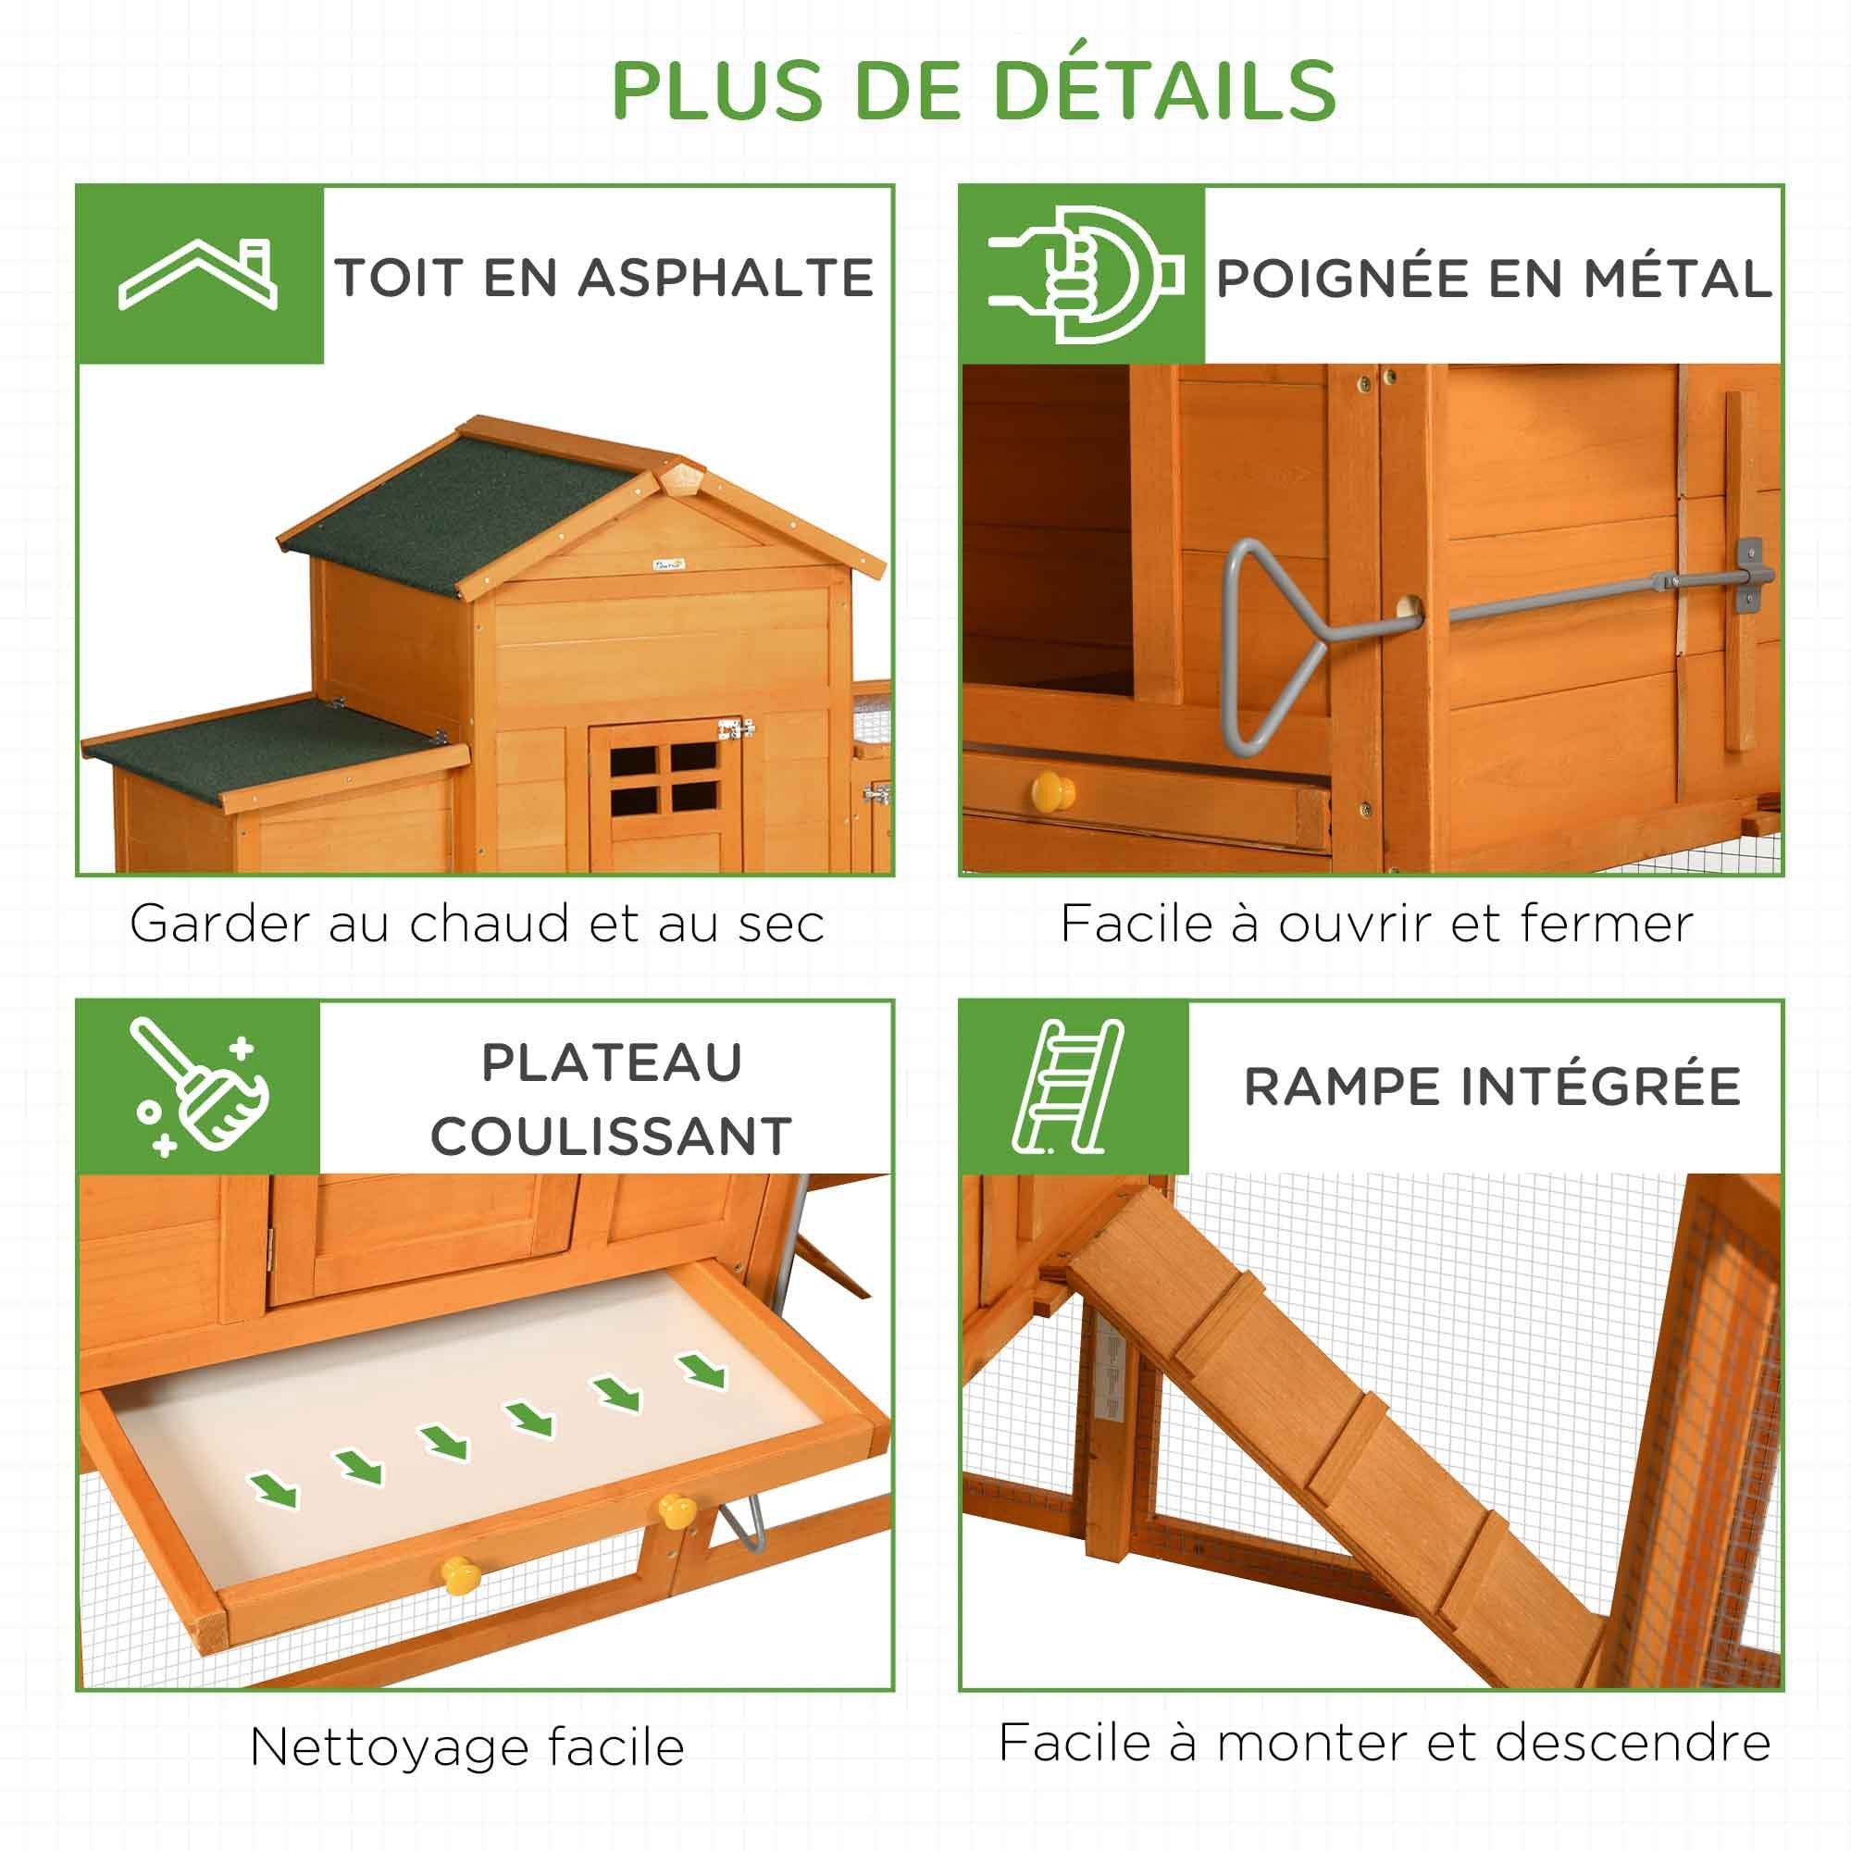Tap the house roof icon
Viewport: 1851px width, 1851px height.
tap(198, 275)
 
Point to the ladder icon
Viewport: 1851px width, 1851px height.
tap(1068, 1087)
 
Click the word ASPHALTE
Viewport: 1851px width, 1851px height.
tap(727, 278)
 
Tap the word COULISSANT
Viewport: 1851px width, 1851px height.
tap(611, 1137)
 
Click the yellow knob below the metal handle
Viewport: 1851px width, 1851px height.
tap(1053, 791)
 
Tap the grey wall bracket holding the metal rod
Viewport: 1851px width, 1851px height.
tap(1749, 575)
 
